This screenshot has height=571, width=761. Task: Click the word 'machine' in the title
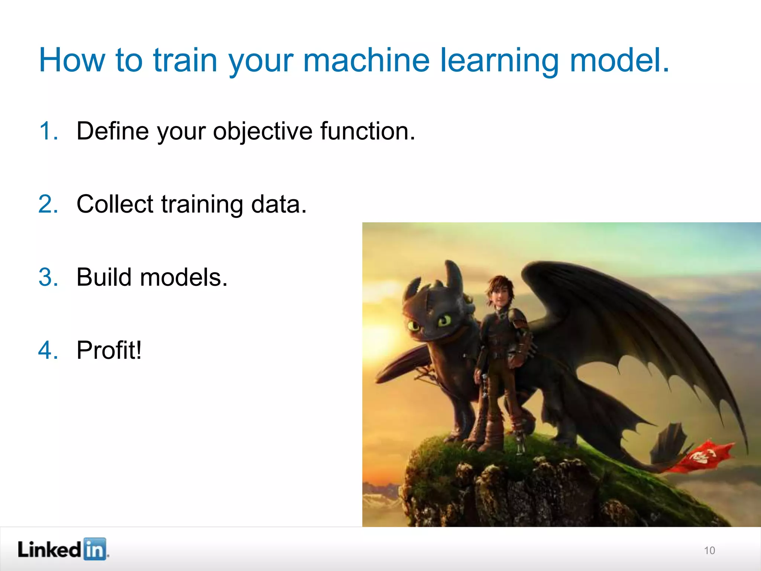(366, 60)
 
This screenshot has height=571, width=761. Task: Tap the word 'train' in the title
(185, 60)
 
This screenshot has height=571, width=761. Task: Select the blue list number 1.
(48, 131)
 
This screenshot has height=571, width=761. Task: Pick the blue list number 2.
(48, 204)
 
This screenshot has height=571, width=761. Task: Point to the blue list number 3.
(48, 277)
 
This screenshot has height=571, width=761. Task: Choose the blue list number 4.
(48, 350)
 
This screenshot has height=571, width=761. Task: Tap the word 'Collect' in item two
(115, 204)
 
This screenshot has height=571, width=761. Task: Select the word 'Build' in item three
(104, 277)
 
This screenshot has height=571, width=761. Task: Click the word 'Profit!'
(109, 350)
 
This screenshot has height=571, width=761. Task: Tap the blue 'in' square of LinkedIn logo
(94, 549)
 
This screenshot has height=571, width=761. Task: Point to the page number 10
(709, 551)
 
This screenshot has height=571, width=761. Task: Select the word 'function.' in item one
(367, 131)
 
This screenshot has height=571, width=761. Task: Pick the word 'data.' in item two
(279, 204)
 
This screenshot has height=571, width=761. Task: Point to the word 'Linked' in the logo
(49, 549)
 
